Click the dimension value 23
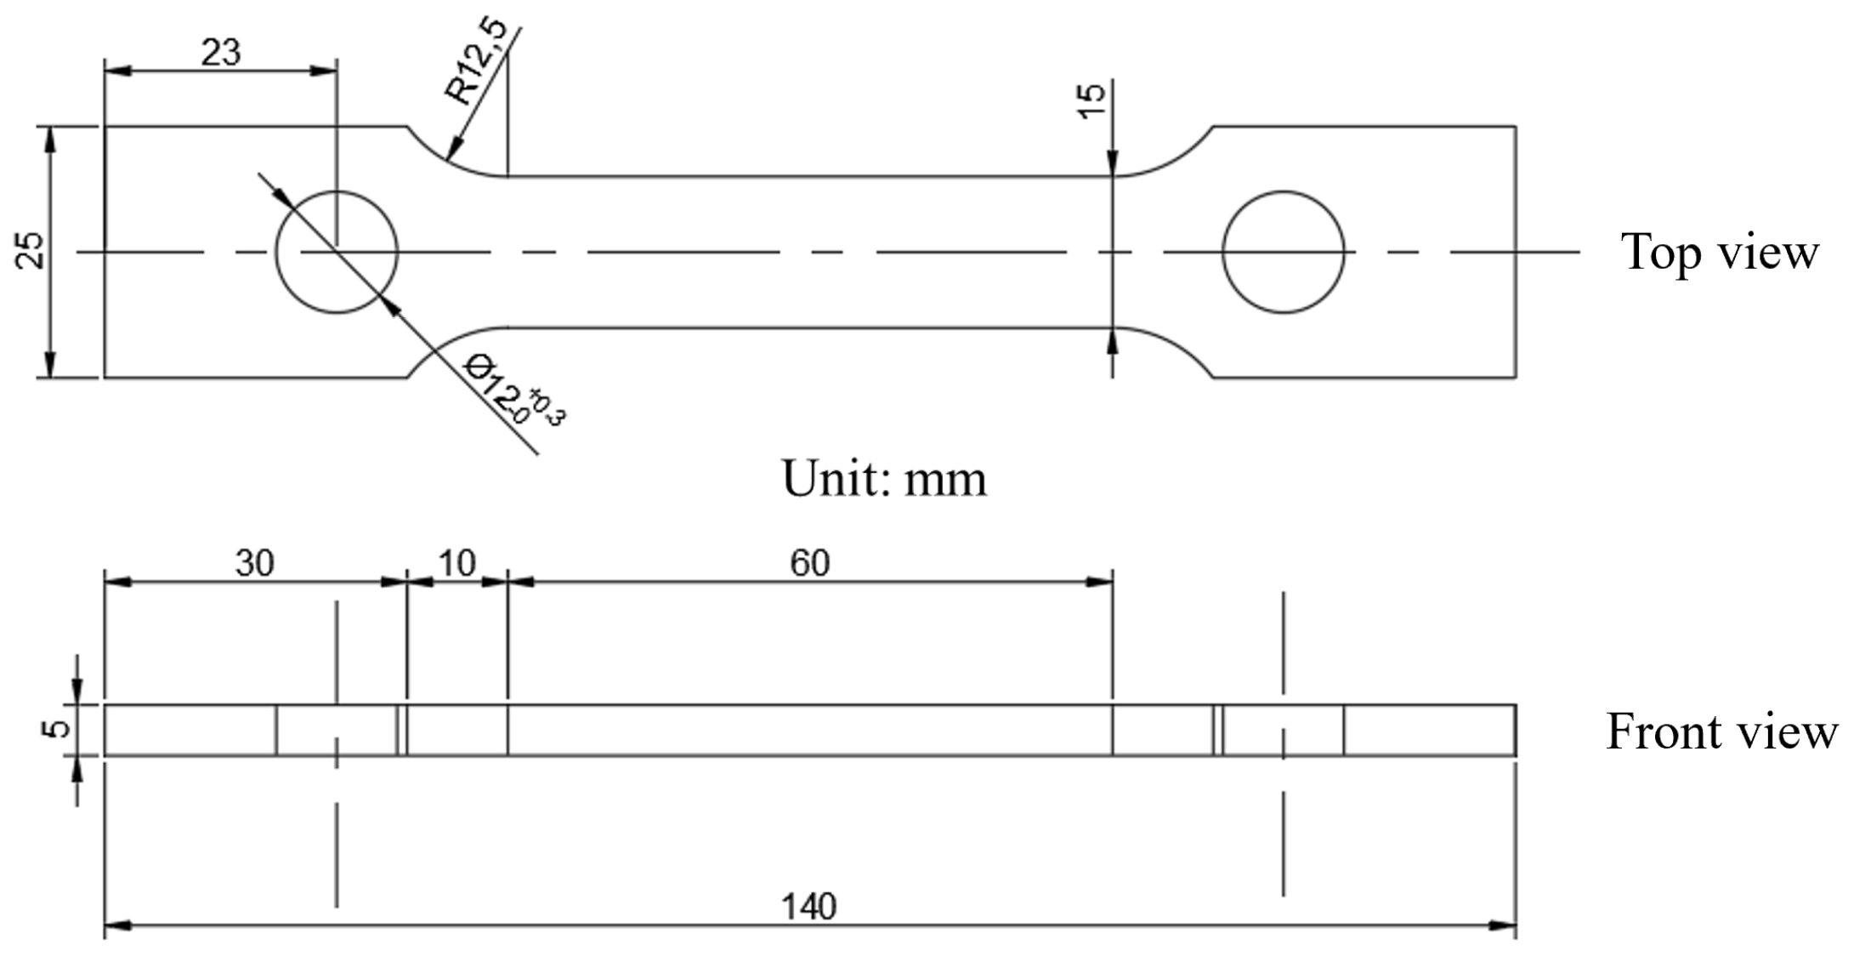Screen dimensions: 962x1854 tap(221, 53)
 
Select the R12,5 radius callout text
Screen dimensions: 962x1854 tap(476, 61)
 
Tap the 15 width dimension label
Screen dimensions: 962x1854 tap(1092, 100)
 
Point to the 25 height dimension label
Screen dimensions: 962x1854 tap(31, 251)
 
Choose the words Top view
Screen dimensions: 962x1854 tap(1719, 252)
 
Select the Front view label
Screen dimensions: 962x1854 tap(1721, 731)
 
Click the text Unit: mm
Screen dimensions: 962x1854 tap(884, 479)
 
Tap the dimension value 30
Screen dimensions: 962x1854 tap(254, 563)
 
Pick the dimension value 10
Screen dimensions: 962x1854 tap(456, 563)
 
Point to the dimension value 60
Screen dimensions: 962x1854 tap(809, 563)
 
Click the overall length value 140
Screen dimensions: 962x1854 tap(808, 907)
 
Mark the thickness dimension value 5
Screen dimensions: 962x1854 tap(56, 729)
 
